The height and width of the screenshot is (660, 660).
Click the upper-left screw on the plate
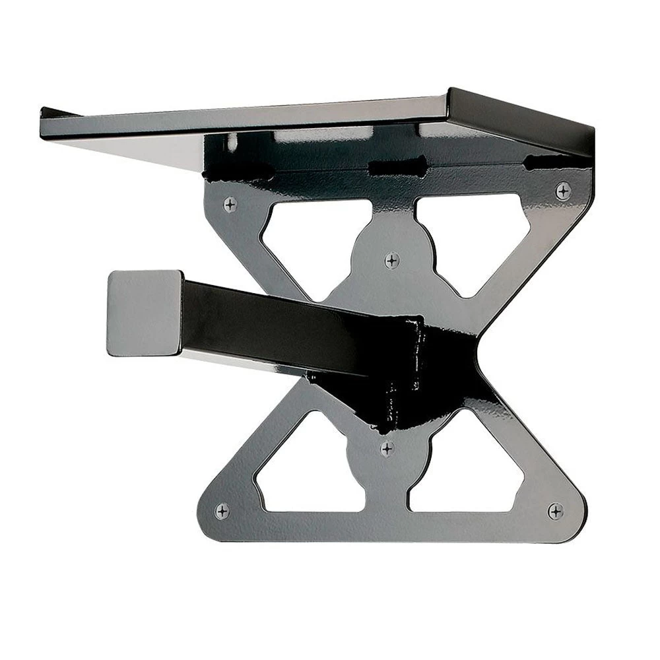[230, 205]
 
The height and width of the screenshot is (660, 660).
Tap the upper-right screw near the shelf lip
[562, 191]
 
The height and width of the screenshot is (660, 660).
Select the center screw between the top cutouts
[392, 260]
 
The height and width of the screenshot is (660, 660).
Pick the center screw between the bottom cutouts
[387, 449]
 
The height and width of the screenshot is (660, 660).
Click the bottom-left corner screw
[222, 510]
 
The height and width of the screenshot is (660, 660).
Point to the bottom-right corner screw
[555, 511]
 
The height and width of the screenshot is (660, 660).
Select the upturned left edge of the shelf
[56, 114]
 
